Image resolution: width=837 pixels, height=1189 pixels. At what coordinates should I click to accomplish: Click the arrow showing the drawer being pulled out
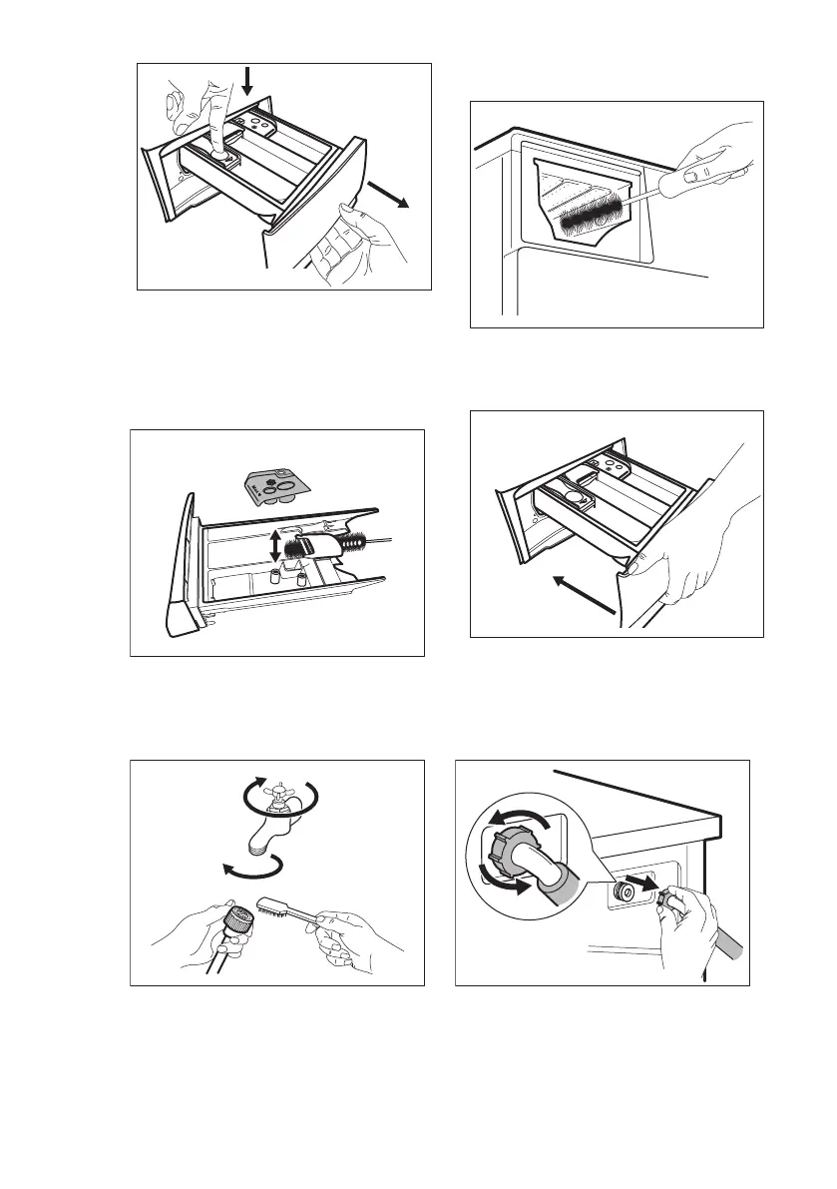click(x=387, y=194)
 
